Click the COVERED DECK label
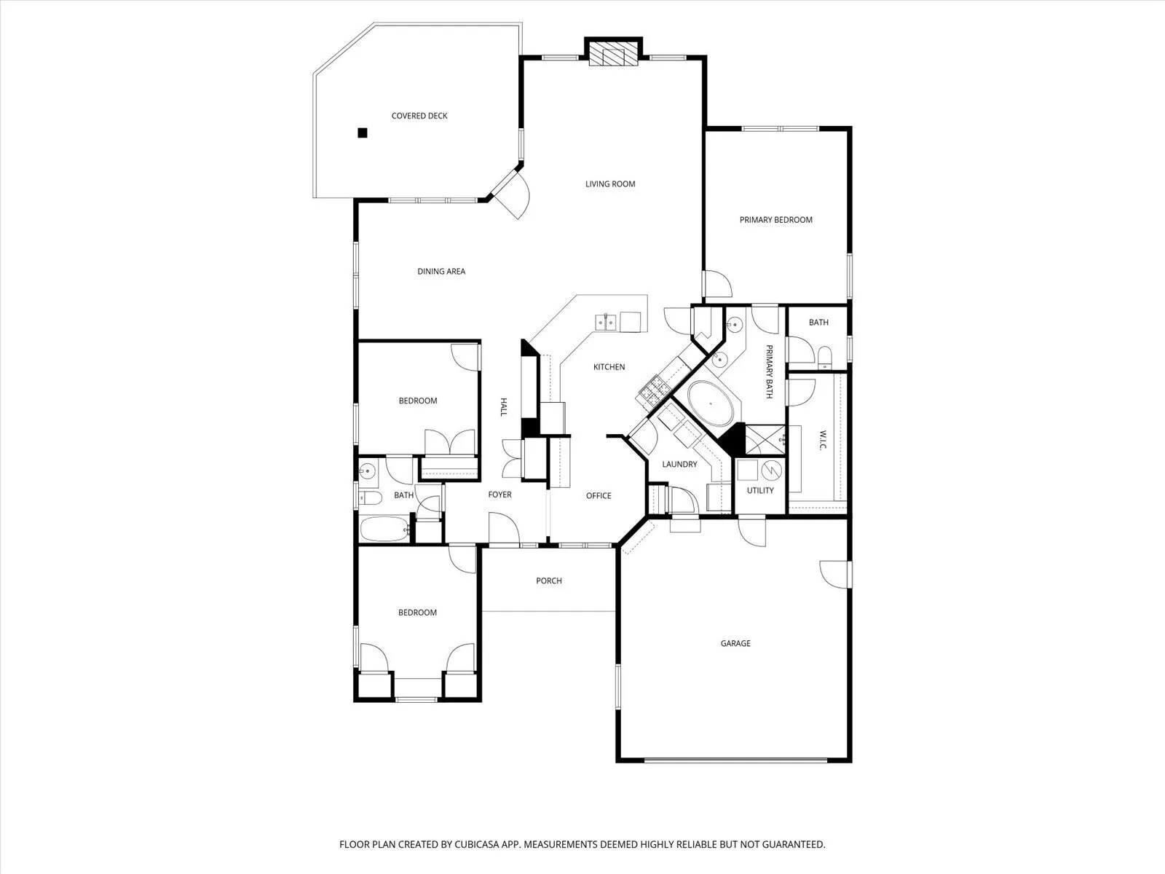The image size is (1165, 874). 419,116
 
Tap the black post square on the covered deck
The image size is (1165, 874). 363,133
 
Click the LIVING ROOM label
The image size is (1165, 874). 610,184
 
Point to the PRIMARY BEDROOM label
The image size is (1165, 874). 776,220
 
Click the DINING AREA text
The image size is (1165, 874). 441,271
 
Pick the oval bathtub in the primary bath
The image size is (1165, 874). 711,403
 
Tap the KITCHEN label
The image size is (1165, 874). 609,366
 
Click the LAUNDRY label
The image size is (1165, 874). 679,465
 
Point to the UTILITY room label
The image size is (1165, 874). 760,490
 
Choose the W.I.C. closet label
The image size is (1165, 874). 823,440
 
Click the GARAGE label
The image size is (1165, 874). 735,643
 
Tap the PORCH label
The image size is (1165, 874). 549,580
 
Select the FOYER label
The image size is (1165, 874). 500,495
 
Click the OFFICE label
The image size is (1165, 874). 599,496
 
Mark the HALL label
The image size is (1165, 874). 504,407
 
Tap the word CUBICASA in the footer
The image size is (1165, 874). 477,844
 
